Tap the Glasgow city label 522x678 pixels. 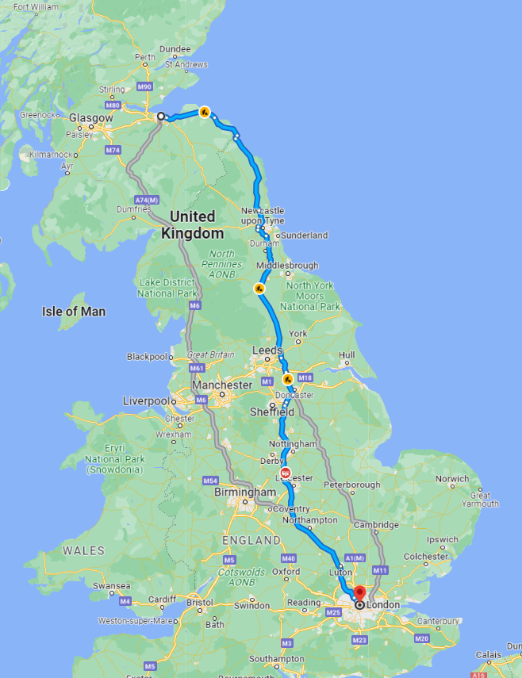point(90,117)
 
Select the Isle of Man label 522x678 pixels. point(74,312)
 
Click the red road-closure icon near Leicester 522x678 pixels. point(286,473)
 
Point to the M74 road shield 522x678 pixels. point(113,149)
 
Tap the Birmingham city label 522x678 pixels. point(245,492)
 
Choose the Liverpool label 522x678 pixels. point(146,401)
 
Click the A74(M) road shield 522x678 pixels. point(147,200)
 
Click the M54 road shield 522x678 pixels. point(210,481)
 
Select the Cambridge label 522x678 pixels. point(376,525)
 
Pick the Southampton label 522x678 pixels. point(276,659)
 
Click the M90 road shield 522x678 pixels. point(144,86)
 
